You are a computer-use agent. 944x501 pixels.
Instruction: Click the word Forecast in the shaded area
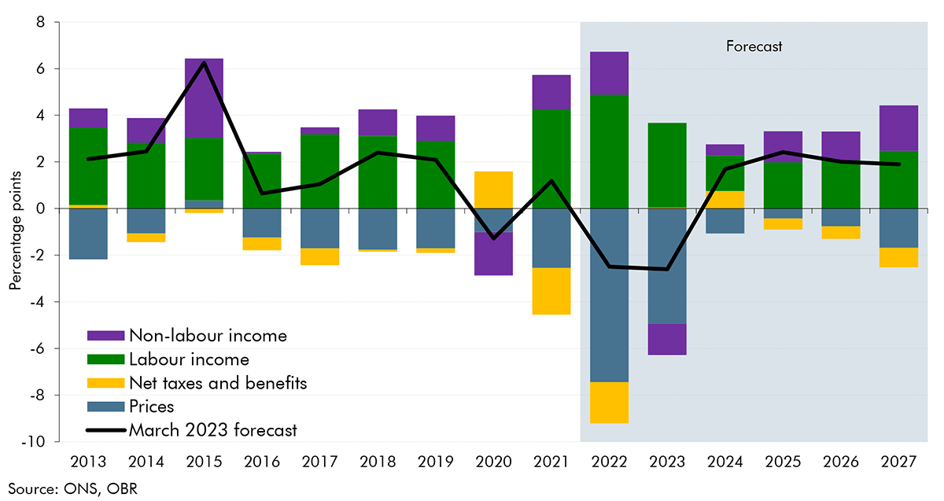[x=754, y=46]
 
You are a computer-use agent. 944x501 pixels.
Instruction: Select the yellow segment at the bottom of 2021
[x=551, y=291]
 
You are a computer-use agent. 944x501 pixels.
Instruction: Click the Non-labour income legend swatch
[x=106, y=336]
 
